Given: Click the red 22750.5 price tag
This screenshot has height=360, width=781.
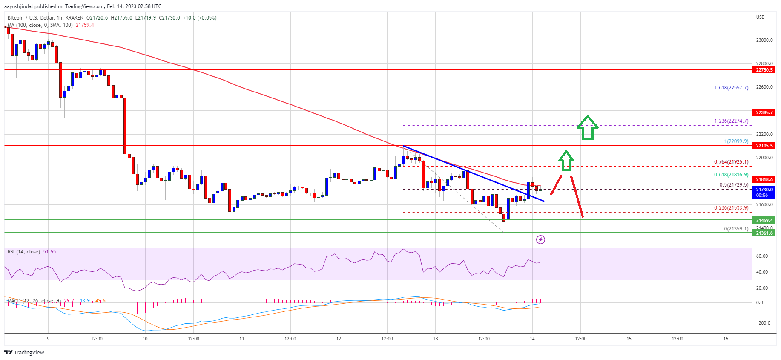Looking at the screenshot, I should tap(764, 70).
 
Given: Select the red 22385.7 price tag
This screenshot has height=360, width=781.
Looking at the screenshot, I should tap(764, 112).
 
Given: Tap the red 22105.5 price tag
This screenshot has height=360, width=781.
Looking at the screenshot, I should tap(764, 146).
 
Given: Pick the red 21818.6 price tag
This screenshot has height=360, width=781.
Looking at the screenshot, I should tap(764, 179).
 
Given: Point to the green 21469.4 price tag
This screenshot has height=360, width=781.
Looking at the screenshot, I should tap(764, 220).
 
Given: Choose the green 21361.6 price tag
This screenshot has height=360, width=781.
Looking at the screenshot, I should tap(764, 233).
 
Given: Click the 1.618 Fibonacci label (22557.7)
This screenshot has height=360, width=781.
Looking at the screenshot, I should tap(731, 88).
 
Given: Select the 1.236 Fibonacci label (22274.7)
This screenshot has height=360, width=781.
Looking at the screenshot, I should tap(731, 121).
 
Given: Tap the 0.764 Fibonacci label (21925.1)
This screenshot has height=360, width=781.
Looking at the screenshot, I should tap(731, 162).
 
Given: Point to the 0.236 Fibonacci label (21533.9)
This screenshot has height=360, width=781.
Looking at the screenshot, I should tap(731, 208).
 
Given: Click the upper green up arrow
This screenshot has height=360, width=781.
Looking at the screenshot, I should tap(588, 127).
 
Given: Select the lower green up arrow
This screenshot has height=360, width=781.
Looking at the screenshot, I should tap(566, 161).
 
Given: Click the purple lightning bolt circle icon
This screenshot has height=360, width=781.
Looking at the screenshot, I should tap(540, 239).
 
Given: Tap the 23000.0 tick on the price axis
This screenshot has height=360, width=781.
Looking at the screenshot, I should tap(764, 40).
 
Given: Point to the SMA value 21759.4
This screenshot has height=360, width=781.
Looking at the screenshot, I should tap(85, 25).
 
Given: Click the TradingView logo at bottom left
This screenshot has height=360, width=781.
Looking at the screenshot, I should tap(24, 352).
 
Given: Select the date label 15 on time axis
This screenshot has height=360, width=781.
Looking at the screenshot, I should tap(629, 339).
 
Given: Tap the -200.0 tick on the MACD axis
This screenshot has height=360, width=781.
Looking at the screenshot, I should tap(763, 323).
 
